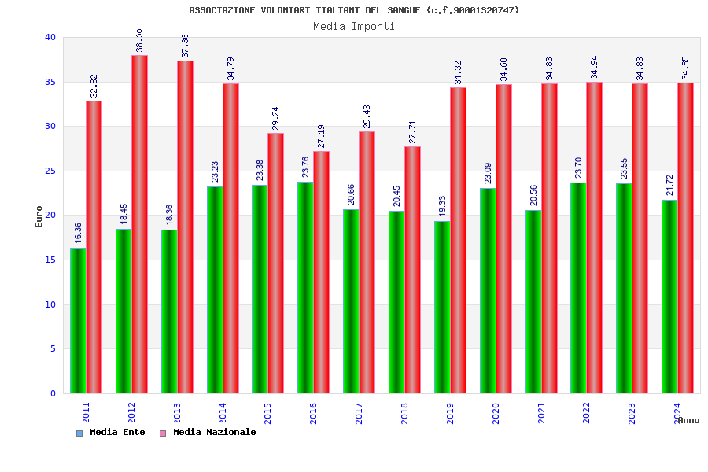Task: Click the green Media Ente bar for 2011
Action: click(x=78, y=320)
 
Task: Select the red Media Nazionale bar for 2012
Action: click(x=139, y=224)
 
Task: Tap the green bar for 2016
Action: click(x=305, y=287)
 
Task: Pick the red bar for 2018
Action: click(x=412, y=270)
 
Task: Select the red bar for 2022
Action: click(x=594, y=238)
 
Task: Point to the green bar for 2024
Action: click(x=669, y=297)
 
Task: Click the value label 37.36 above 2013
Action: click(x=186, y=46)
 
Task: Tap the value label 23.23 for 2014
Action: click(x=216, y=171)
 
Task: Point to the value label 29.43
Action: click(x=367, y=116)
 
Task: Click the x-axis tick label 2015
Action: click(x=268, y=413)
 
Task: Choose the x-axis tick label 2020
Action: click(x=496, y=413)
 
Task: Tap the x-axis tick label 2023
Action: click(x=632, y=413)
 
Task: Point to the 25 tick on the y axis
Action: click(x=50, y=171)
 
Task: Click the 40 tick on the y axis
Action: click(x=50, y=37)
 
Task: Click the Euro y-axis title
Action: click(x=39, y=216)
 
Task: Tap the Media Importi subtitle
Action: click(x=354, y=26)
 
